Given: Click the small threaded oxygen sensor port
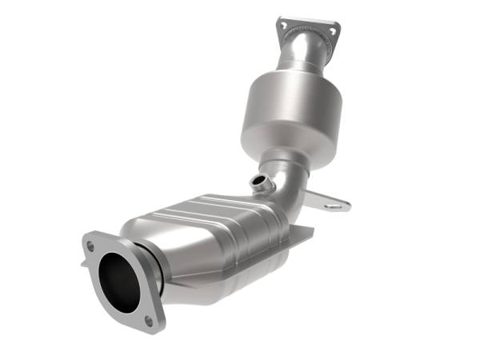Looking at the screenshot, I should click(x=258, y=183).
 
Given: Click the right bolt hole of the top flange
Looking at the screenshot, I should click(x=330, y=32).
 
